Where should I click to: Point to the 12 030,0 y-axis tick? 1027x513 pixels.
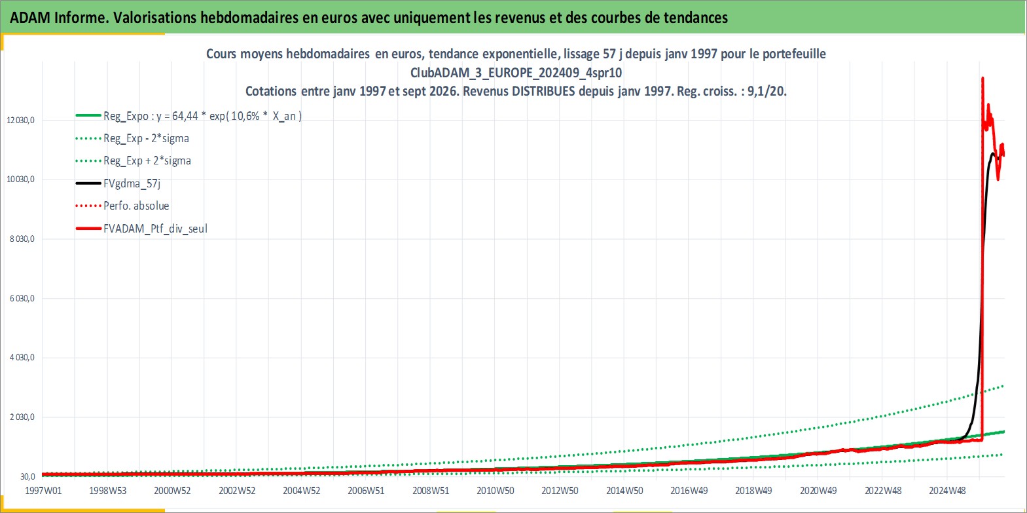(x=21, y=120)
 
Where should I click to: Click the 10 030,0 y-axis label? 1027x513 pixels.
(x=21, y=180)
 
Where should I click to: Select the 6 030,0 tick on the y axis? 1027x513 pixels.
(x=22, y=298)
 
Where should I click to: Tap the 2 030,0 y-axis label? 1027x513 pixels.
(x=22, y=417)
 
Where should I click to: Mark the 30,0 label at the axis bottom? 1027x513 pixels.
(x=27, y=476)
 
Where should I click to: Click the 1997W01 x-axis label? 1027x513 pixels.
(x=43, y=491)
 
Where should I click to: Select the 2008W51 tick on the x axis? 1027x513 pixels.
(x=431, y=491)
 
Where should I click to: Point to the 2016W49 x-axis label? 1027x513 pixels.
(x=689, y=491)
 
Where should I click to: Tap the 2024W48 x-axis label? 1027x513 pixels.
(x=947, y=491)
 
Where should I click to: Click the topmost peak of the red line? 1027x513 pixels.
(x=982, y=78)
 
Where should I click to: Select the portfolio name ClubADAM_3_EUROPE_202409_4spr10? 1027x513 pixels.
(x=516, y=73)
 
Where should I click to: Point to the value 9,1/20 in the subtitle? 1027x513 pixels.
(x=766, y=91)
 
